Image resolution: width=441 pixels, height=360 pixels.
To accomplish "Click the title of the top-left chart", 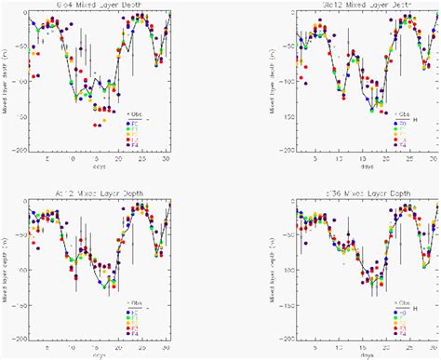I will (x=97, y=7).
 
